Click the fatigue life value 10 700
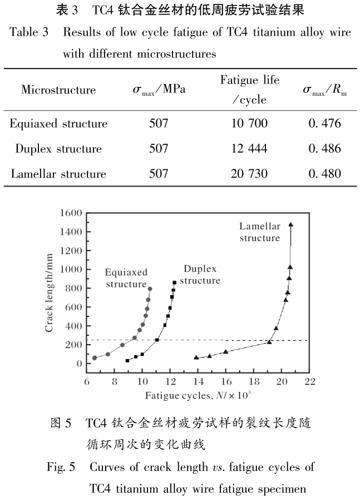point(249,123)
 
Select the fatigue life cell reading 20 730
point(249,174)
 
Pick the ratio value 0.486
point(324,149)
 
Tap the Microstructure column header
point(58,90)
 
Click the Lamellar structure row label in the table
point(58,174)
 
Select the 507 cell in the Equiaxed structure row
point(159,123)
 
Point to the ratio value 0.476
point(324,123)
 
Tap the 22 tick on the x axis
point(310,382)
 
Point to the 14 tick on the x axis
point(198,382)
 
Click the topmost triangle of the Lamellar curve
point(290,225)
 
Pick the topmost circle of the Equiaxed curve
point(150,289)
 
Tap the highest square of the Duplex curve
point(174,282)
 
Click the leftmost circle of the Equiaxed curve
point(94,358)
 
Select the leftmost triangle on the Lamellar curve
point(196,357)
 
